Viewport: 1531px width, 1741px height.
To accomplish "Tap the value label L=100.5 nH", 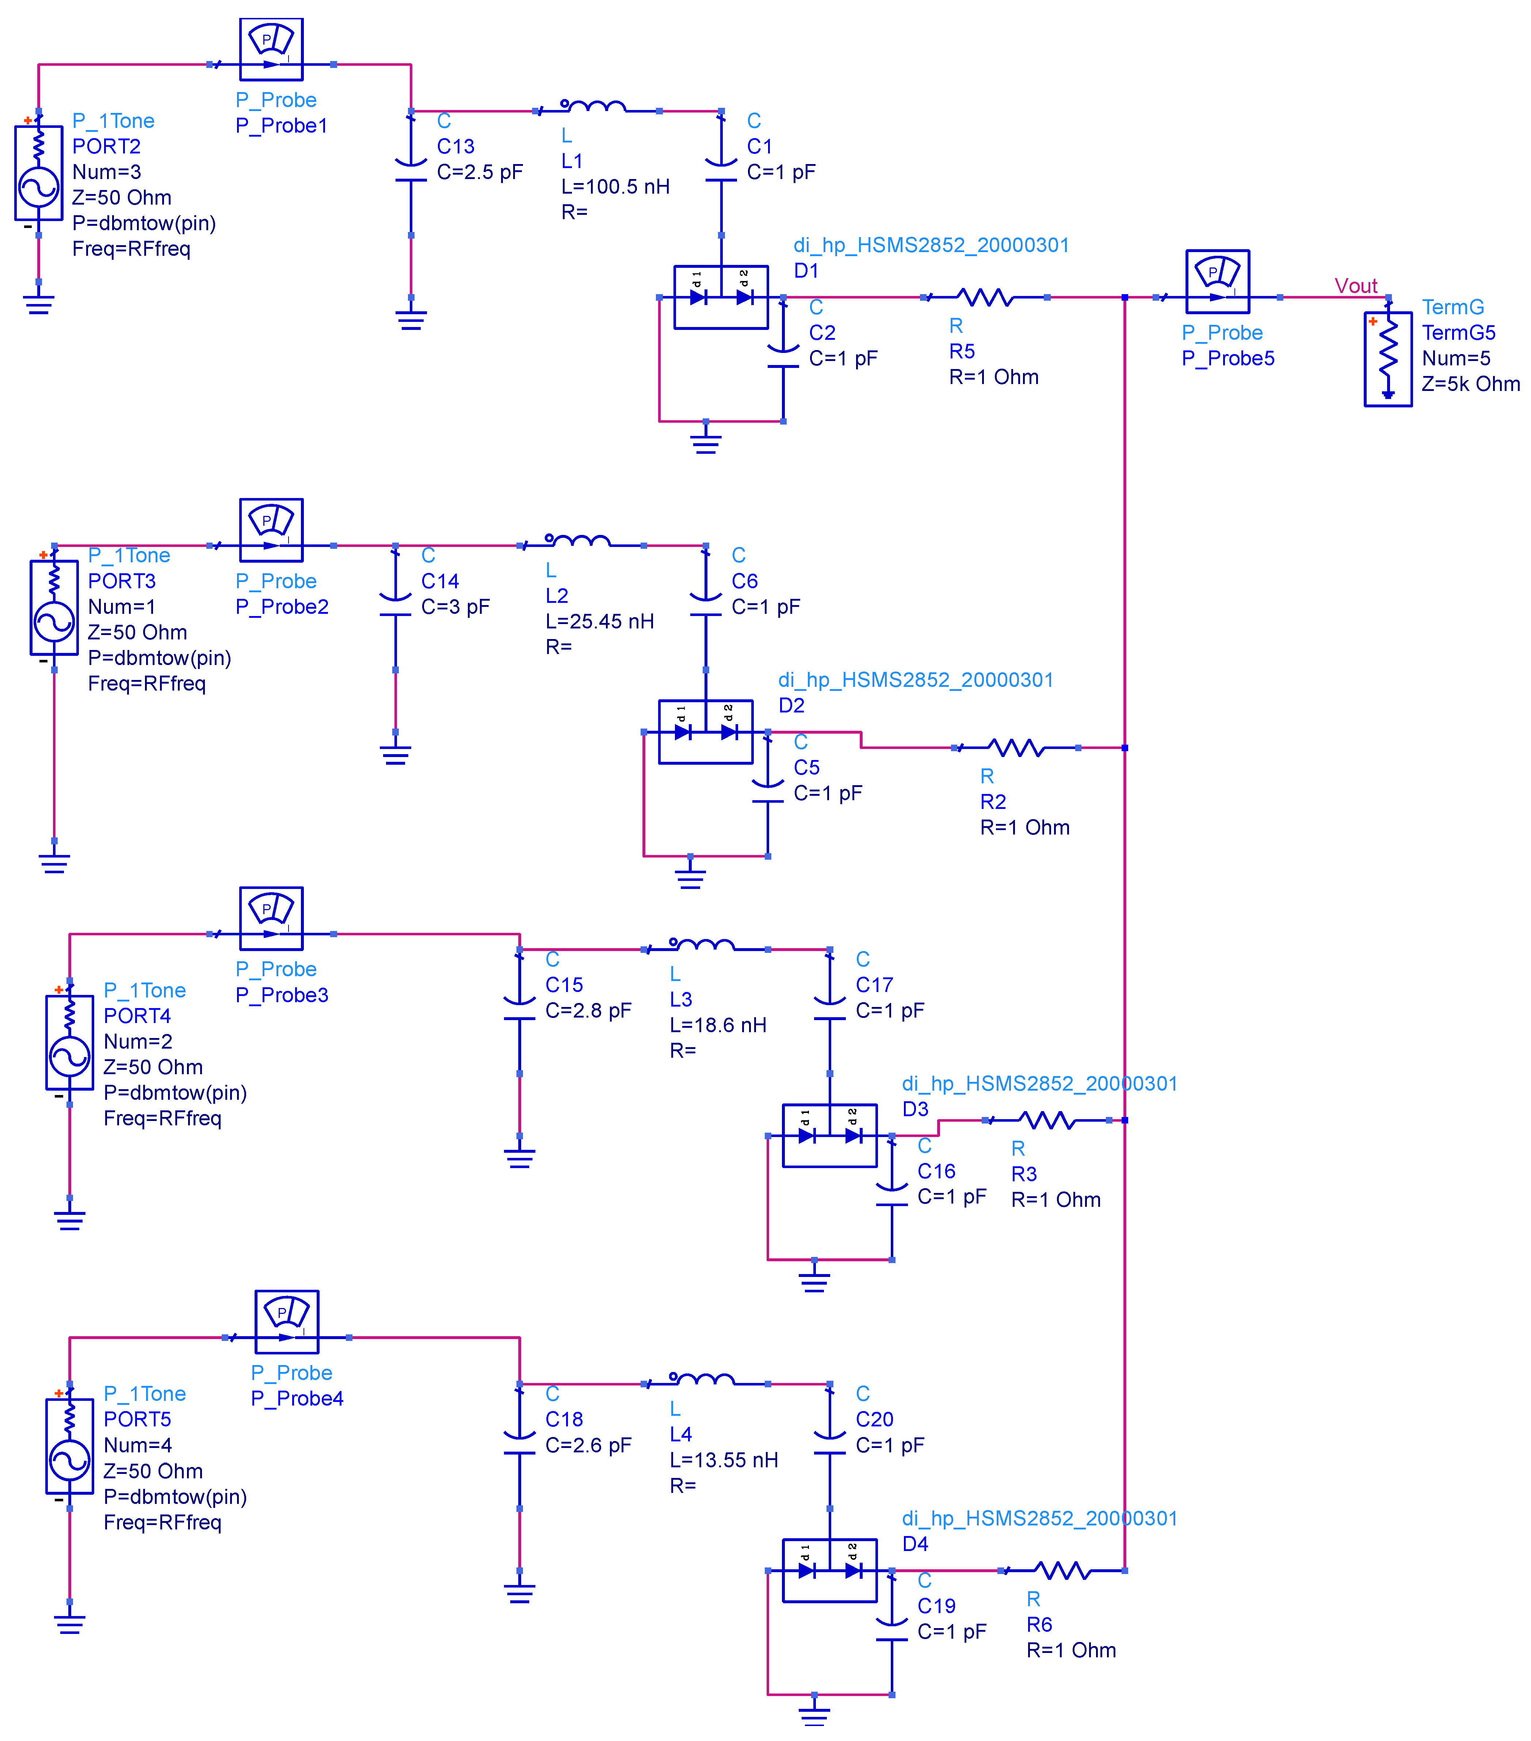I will click(615, 187).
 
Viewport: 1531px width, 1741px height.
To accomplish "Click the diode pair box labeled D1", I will click(720, 297).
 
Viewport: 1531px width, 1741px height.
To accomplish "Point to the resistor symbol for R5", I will click(985, 297).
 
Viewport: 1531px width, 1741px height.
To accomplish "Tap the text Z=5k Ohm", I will click(1470, 384).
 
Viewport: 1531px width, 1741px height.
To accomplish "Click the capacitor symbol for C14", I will click(395, 596).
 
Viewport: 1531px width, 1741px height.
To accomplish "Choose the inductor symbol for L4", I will click(702, 1379).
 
